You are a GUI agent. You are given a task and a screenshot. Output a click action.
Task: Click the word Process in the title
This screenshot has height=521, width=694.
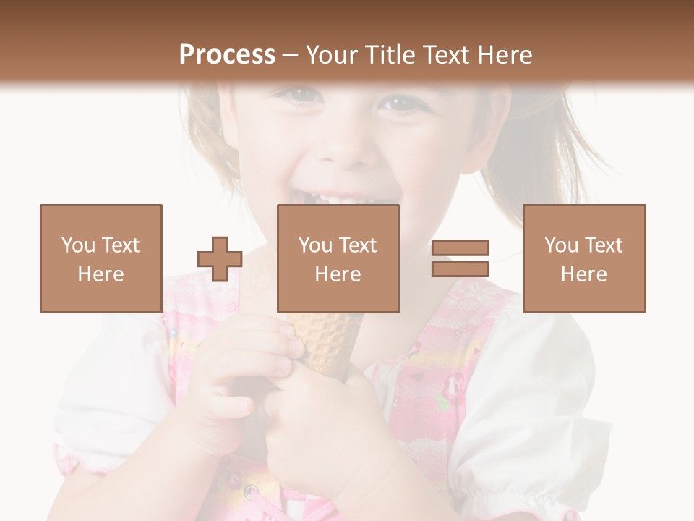[x=227, y=55]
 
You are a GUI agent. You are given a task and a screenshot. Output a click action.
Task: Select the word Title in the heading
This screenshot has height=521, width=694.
[x=393, y=55]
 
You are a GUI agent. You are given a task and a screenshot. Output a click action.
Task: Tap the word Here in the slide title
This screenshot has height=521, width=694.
[x=503, y=55]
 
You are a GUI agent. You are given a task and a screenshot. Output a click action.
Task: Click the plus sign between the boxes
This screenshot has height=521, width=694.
[x=220, y=258]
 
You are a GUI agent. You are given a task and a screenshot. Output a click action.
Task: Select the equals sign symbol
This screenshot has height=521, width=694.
[x=460, y=258]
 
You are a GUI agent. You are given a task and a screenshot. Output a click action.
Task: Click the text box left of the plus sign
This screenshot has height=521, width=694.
[x=100, y=258]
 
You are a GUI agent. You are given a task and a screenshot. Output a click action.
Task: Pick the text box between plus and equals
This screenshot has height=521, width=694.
[x=338, y=258]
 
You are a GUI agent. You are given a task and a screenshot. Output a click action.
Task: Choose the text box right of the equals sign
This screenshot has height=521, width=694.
[x=583, y=258]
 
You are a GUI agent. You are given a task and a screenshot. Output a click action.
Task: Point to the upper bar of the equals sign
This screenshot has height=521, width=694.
[x=460, y=248]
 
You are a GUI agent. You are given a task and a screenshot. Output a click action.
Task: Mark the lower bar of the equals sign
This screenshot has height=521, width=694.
[x=460, y=268]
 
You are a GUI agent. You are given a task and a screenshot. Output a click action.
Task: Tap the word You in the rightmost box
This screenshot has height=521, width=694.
[x=559, y=245]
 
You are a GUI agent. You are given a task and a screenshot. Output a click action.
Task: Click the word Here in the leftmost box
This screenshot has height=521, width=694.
[x=100, y=274]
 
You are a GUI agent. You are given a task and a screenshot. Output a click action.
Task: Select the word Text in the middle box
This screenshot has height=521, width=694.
[x=357, y=245]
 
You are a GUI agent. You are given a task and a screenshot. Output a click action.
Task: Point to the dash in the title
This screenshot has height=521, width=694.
[x=290, y=55]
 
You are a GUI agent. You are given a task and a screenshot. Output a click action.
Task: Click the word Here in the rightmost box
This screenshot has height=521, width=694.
[x=583, y=274]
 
